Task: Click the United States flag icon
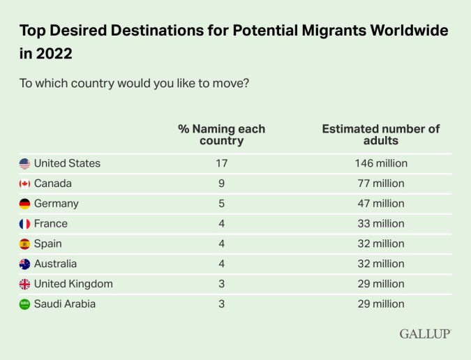tap(24, 163)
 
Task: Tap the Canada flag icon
tap(24, 183)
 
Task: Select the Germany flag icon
tap(24, 204)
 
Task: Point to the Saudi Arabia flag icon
tap(24, 304)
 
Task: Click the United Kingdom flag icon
tap(24, 284)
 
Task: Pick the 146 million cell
tap(381, 163)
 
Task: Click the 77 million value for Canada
tap(381, 183)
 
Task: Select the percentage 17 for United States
tap(221, 163)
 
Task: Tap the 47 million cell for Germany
tap(381, 204)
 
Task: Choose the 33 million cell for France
tap(381, 224)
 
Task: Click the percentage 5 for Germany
tap(221, 204)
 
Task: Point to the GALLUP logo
tap(425, 333)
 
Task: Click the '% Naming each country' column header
tap(221, 135)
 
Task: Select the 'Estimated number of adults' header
tap(381, 135)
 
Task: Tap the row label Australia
tap(55, 264)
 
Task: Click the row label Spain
tap(47, 243)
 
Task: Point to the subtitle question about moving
tap(135, 83)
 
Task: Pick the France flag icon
tap(24, 224)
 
